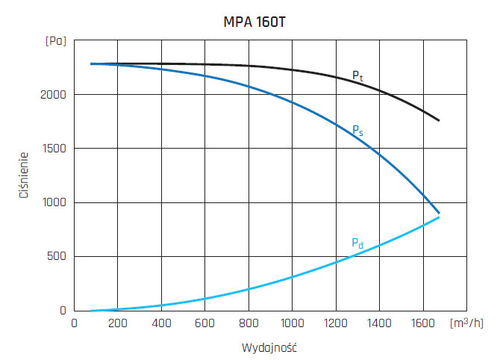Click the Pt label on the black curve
(x=358, y=76)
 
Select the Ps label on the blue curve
(x=357, y=130)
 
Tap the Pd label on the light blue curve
(x=357, y=243)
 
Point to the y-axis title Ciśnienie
(x=24, y=175)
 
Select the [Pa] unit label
(x=55, y=41)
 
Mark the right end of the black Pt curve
(x=439, y=120)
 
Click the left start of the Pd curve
(x=91, y=310)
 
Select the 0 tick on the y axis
(x=63, y=310)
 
